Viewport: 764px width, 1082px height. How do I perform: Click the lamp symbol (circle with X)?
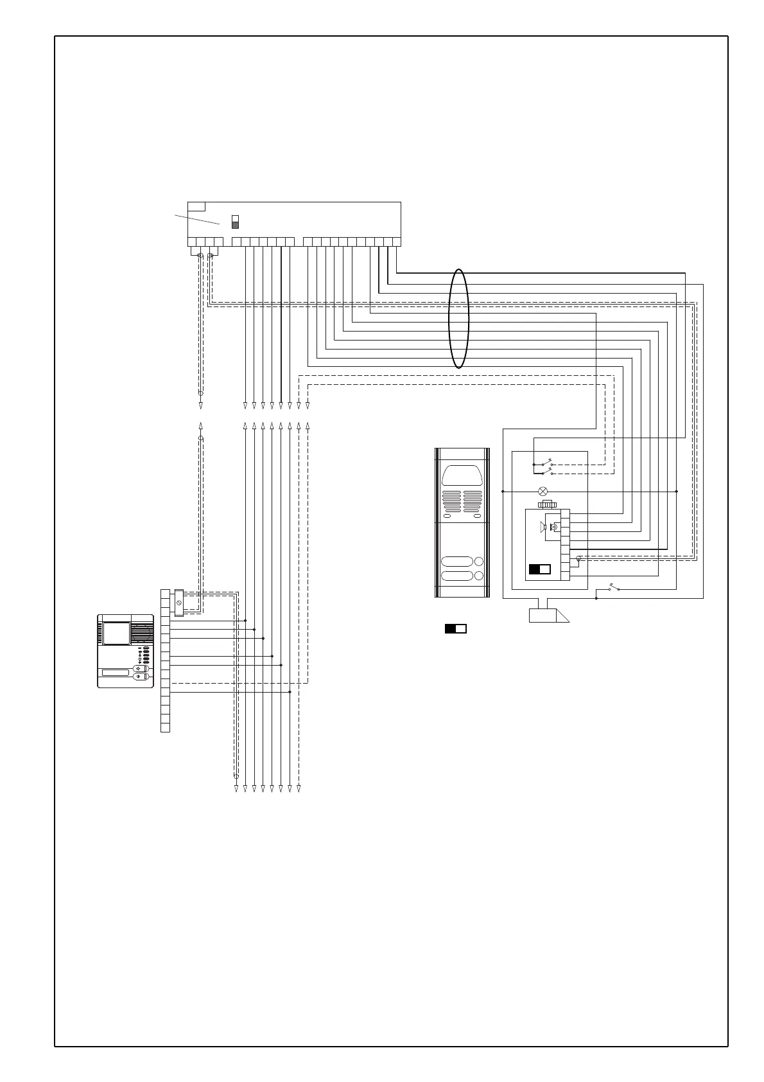(x=543, y=491)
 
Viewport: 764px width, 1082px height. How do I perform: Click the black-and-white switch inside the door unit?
(x=540, y=569)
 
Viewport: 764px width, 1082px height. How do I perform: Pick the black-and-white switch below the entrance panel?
(x=456, y=628)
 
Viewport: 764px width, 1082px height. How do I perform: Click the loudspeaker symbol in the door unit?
(x=543, y=528)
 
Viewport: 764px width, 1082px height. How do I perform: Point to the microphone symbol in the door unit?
(x=555, y=527)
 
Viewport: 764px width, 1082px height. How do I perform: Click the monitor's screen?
(x=117, y=634)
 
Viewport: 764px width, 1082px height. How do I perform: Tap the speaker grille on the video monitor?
(x=143, y=633)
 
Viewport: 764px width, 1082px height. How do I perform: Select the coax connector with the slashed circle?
(x=179, y=603)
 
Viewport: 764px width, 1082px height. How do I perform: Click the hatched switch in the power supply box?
(x=236, y=222)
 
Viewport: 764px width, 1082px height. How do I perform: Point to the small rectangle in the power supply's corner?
(x=196, y=206)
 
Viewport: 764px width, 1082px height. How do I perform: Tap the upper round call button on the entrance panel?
(x=479, y=561)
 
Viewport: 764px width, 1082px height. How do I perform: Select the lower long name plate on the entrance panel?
(x=457, y=576)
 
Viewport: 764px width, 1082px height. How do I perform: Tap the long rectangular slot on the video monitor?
(x=115, y=673)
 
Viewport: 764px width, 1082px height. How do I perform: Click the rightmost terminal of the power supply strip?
(x=396, y=242)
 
